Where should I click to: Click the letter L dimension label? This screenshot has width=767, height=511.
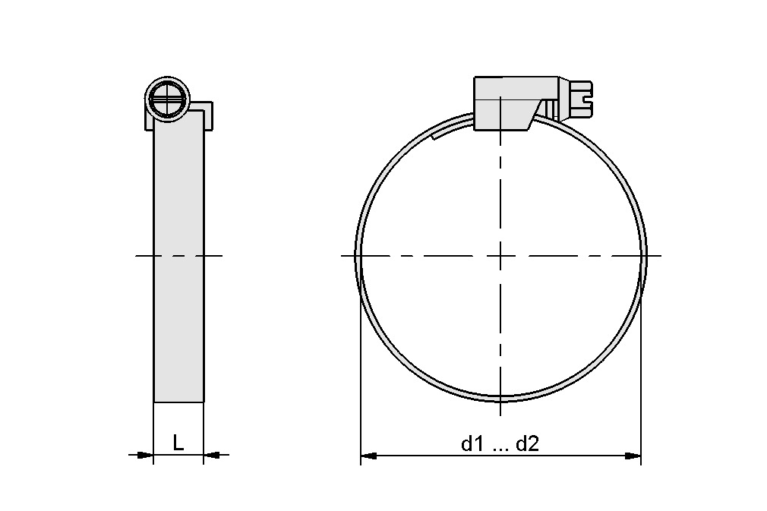(178, 443)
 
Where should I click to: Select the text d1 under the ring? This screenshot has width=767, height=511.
(472, 445)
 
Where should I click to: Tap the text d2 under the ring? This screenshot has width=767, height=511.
(527, 445)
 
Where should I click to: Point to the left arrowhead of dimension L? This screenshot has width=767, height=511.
(145, 455)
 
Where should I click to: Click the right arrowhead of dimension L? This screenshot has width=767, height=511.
(212, 455)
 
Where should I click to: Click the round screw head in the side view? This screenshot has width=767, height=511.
(166, 98)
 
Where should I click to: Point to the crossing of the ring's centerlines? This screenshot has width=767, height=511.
(500, 256)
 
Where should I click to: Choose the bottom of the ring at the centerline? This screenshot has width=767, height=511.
(500, 397)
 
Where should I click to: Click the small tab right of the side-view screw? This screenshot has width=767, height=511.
(207, 114)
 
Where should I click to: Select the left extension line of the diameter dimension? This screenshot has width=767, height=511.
(360, 380)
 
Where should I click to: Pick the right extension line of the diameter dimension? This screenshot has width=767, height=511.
(642, 380)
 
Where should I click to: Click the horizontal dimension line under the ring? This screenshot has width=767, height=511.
(425, 456)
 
